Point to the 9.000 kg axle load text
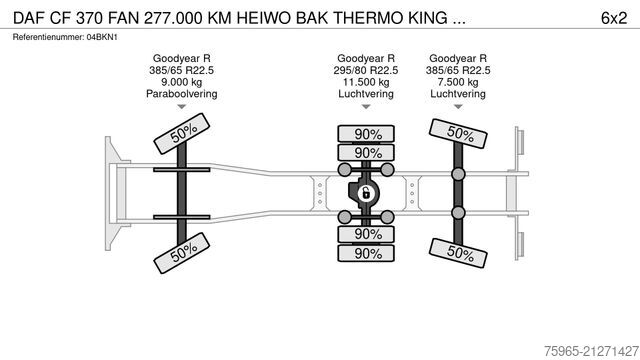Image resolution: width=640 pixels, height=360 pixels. point(182,83)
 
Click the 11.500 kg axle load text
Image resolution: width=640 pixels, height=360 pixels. point(365,83)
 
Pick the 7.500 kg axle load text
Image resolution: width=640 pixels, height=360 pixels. point(458,83)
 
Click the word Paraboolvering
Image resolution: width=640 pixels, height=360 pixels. point(182,94)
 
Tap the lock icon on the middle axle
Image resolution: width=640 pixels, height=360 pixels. point(366,193)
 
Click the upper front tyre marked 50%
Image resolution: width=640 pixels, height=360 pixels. point(181,134)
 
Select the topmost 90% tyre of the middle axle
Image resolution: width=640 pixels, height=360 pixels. point(366,133)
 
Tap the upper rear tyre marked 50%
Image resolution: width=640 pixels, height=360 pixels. point(459,132)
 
